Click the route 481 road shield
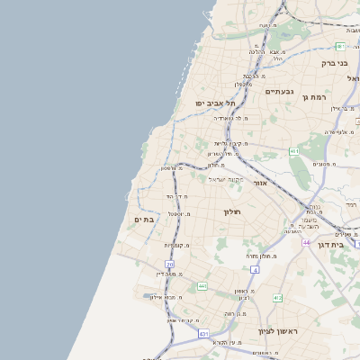340,46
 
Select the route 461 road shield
294,151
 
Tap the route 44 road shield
306,242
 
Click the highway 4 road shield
255,269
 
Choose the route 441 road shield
202,286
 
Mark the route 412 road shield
277,298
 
